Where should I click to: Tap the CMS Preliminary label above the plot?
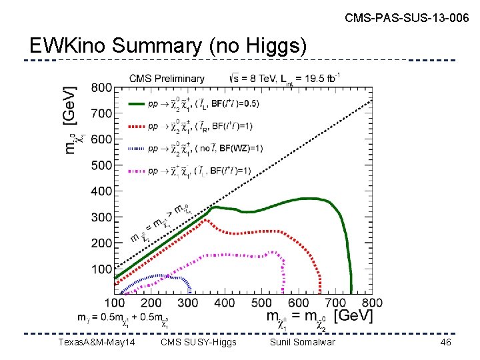(x=167, y=78)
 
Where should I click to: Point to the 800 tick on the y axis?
(x=101, y=88)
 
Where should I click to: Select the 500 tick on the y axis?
(x=101, y=165)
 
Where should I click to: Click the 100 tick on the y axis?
(x=101, y=269)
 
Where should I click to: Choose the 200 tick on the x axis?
(x=151, y=303)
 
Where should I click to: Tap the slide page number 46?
(x=445, y=342)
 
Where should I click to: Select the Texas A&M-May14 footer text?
(x=97, y=342)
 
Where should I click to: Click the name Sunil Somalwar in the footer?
(x=302, y=342)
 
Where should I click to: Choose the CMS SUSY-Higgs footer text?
(x=199, y=342)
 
